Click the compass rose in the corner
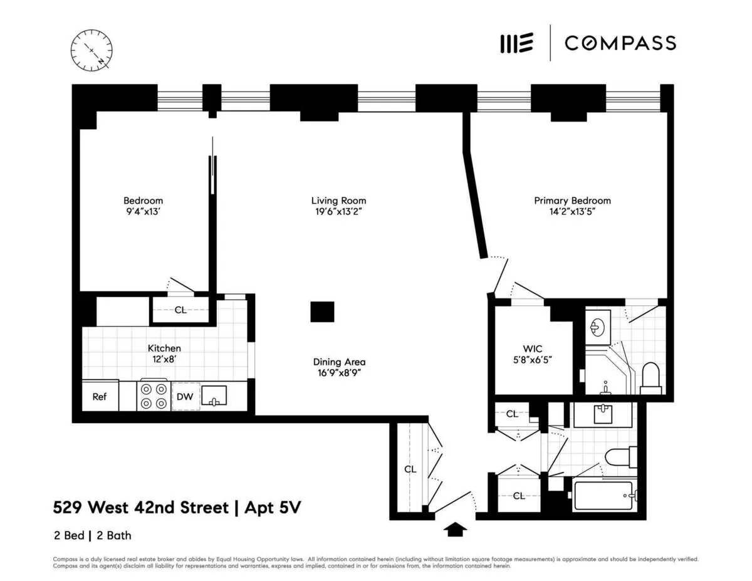tap(91, 49)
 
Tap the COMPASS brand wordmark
tap(620, 43)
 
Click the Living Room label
tap(338, 201)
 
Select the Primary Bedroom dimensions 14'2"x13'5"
tap(572, 212)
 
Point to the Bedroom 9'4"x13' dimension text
tap(143, 212)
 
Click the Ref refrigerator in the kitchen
tap(100, 396)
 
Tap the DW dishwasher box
tap(185, 396)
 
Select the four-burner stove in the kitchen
tap(154, 396)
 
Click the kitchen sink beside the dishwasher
tap(214, 395)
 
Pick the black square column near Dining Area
tap(322, 311)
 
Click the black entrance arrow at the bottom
tap(455, 530)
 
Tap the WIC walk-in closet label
tap(532, 348)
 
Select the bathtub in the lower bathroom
tap(605, 495)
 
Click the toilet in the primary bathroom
tap(651, 380)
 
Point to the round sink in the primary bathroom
tap(597, 326)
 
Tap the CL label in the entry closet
tap(410, 469)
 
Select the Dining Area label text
tap(339, 362)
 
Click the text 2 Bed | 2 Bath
tap(92, 535)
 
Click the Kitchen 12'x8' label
tap(164, 353)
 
